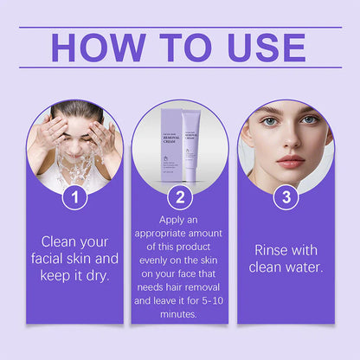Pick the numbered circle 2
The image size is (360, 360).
tap(179, 196)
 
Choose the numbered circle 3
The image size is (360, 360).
tap(285, 196)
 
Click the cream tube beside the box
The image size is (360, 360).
tap(191, 147)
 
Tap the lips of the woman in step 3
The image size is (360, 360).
tap(290, 161)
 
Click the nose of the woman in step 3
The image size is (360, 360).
tap(289, 142)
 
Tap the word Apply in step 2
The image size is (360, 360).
tap(179, 220)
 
